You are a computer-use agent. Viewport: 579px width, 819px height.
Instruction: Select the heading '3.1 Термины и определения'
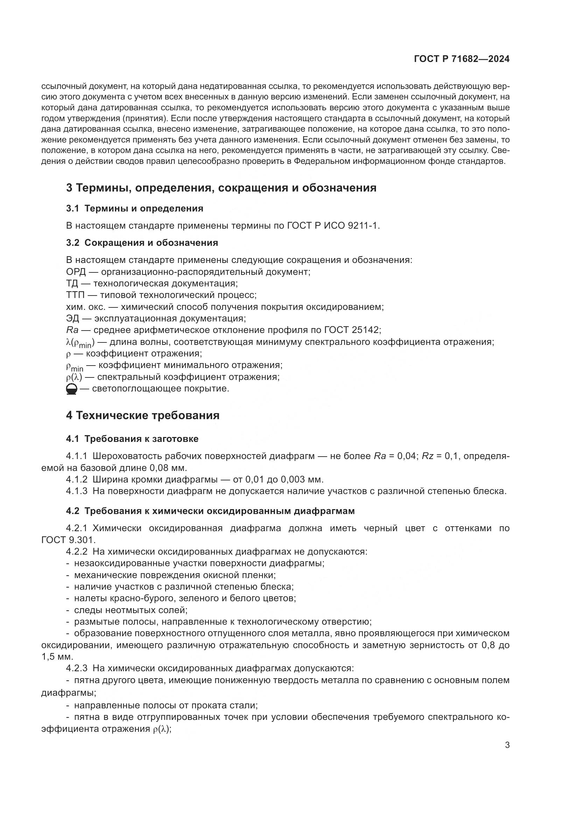[134, 209]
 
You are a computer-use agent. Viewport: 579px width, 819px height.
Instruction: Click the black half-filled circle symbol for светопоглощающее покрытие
[71, 389]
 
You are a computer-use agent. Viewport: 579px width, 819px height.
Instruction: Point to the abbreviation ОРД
[76, 272]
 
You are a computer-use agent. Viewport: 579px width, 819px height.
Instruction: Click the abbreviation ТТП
[76, 295]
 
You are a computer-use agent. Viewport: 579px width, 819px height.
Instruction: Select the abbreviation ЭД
[72, 318]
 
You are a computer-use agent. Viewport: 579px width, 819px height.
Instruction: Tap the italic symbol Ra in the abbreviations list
[72, 330]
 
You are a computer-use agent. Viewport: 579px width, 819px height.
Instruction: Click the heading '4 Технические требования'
[142, 416]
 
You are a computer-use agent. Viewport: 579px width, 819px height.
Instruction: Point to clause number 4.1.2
[77, 479]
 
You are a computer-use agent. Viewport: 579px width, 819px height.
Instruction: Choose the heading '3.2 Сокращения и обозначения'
[142, 243]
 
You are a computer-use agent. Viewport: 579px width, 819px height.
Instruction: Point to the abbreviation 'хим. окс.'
[84, 307]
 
